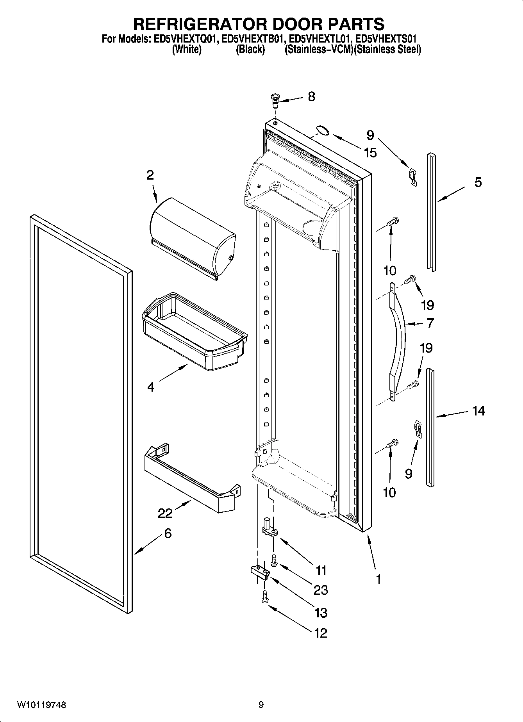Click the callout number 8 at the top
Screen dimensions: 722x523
tap(311, 96)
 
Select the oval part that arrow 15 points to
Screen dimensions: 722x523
tap(322, 130)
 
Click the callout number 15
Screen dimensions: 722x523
tap(370, 153)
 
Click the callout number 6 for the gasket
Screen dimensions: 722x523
tap(168, 533)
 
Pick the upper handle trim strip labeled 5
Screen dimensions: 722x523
tap(432, 211)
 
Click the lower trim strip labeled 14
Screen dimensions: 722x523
tap(430, 428)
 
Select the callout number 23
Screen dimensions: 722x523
tap(321, 590)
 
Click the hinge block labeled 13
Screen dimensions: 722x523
tap(259, 574)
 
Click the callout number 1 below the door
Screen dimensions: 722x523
tap(378, 579)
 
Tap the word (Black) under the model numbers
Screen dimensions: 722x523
tap(250, 50)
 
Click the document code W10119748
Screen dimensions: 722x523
tap(41, 705)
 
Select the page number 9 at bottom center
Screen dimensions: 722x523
tap(261, 705)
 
